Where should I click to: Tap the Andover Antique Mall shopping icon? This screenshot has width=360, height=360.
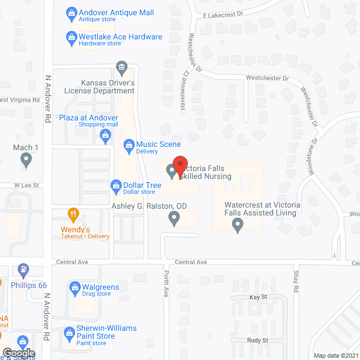(x=71, y=12)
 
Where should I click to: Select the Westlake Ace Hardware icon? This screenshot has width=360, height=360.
(x=71, y=37)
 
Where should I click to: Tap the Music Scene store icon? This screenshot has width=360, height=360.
(x=129, y=146)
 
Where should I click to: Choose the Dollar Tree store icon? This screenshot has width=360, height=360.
(x=116, y=184)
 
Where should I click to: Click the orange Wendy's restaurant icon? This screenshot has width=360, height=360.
(x=72, y=214)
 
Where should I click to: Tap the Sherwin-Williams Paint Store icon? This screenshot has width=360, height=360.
(x=69, y=332)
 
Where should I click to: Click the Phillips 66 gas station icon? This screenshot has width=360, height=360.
(x=23, y=270)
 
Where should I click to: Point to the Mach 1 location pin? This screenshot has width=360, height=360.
(x=26, y=161)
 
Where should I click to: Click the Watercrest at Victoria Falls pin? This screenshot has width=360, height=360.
(x=237, y=225)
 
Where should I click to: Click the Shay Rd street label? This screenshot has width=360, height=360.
(x=296, y=281)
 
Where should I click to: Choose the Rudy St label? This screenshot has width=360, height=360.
(x=258, y=340)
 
